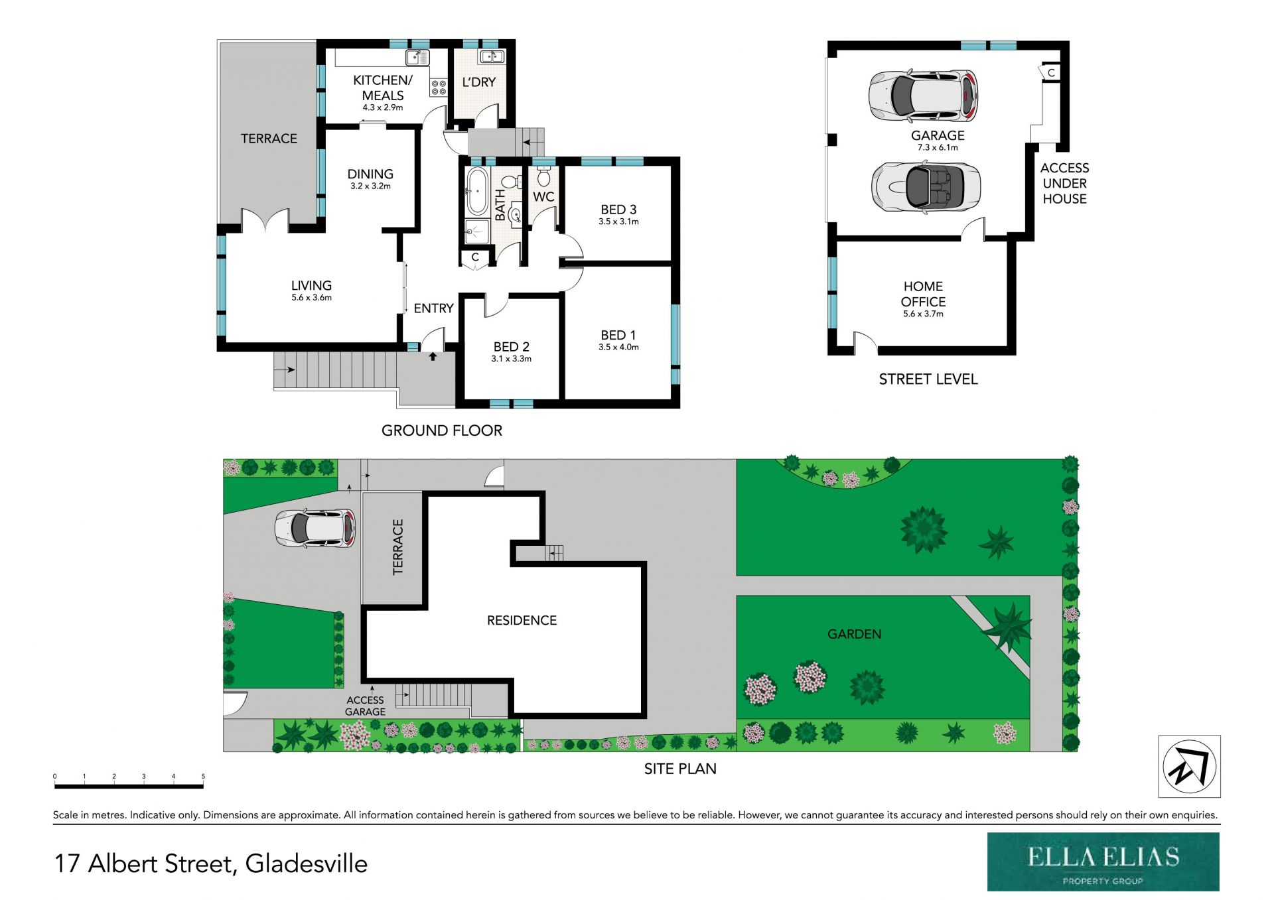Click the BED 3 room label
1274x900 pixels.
618,210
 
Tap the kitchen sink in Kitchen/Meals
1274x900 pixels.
417,58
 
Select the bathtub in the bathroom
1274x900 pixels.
477,191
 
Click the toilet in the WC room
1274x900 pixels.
544,177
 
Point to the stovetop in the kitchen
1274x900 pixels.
439,87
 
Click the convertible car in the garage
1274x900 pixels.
926,187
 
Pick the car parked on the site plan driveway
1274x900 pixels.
315,528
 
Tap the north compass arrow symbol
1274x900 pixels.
1189,766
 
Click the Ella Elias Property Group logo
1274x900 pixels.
1103,862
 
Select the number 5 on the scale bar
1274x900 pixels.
203,776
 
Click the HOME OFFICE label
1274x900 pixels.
923,294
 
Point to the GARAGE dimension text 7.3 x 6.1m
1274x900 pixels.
938,148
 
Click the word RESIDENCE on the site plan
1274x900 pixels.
522,620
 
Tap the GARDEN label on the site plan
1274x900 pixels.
854,634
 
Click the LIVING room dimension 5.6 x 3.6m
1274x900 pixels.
311,298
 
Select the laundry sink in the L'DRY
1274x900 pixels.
492,57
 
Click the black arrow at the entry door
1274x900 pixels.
433,357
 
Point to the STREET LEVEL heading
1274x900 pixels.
928,379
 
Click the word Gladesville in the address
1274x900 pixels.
306,864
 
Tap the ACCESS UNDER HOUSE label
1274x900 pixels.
1064,184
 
